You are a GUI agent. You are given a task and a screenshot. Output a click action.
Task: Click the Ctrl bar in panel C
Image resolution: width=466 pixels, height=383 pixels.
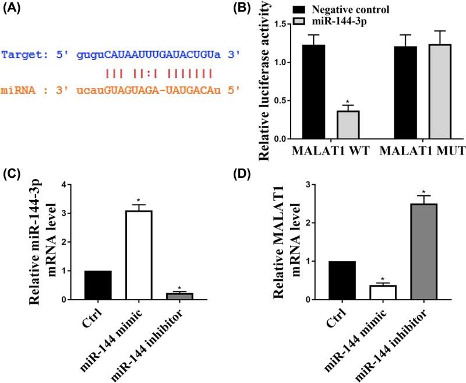pos(98,285)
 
